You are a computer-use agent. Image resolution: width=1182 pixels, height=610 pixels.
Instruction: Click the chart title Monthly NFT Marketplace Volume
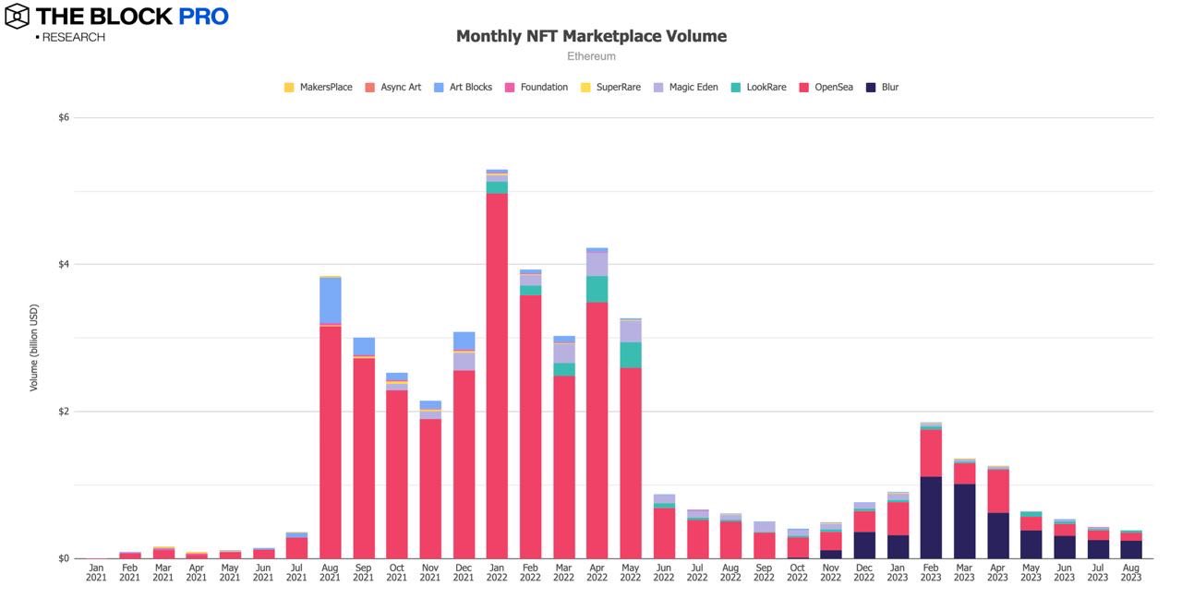click(591, 36)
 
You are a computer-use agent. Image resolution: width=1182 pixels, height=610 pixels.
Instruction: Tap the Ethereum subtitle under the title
click(591, 56)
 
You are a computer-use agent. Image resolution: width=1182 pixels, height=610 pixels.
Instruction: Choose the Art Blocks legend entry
click(470, 88)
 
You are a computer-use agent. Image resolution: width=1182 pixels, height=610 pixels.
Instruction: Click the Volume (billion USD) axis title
click(34, 347)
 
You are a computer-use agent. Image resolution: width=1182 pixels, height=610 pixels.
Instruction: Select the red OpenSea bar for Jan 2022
click(497, 369)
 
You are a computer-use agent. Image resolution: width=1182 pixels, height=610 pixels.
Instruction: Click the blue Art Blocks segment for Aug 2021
click(331, 300)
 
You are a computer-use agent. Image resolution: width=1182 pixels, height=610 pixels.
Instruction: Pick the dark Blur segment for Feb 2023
click(931, 517)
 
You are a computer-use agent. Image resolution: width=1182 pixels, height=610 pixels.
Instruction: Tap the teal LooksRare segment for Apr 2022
click(597, 289)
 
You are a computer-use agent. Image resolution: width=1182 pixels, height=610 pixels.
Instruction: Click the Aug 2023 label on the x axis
click(1130, 572)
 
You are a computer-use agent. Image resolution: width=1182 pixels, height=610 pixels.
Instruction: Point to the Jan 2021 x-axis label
click(97, 572)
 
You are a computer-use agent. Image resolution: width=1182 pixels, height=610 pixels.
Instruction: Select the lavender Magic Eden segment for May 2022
click(630, 331)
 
